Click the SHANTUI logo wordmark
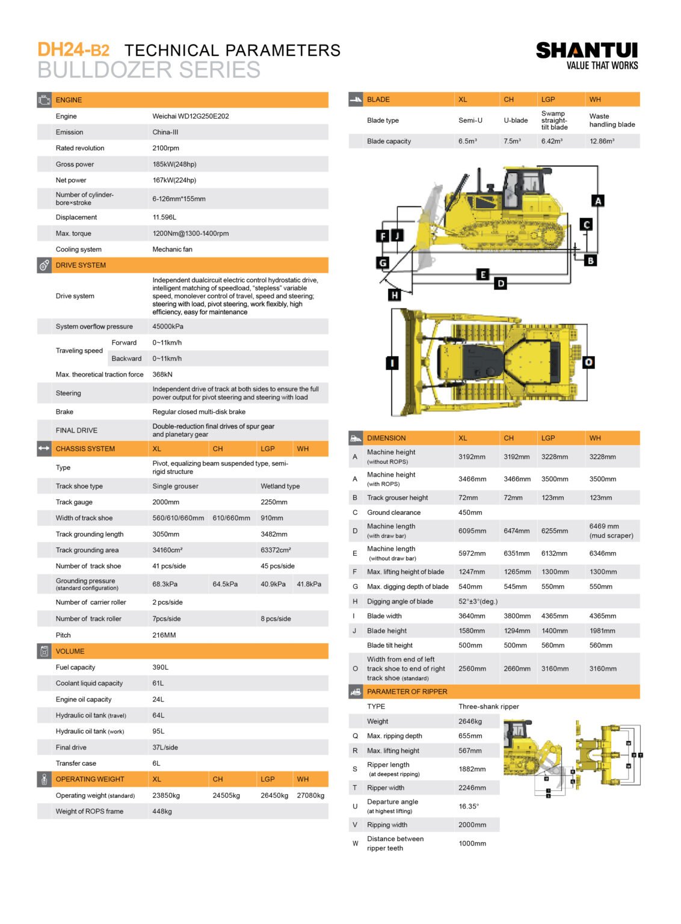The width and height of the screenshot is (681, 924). tap(587, 51)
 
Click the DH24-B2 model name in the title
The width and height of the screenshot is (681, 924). tap(73, 50)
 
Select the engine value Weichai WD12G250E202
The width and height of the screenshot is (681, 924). tap(191, 116)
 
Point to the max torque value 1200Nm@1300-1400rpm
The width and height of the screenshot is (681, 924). tap(191, 233)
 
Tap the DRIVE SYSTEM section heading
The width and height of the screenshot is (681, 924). tap(81, 265)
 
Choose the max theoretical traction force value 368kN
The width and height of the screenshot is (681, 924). tap(162, 375)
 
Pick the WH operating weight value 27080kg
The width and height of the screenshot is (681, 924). tap(310, 795)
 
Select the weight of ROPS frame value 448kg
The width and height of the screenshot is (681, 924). tap(162, 812)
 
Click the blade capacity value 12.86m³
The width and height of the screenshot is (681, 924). tap(602, 141)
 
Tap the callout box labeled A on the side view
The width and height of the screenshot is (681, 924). tap(598, 201)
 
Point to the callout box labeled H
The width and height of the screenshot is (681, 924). tap(395, 295)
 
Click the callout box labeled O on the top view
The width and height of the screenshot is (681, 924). tap(588, 362)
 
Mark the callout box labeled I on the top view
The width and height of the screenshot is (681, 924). tap(392, 363)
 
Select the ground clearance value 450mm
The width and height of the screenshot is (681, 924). tap(470, 513)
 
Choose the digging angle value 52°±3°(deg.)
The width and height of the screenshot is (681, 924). tap(478, 602)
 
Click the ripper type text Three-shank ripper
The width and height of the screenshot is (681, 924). tap(488, 707)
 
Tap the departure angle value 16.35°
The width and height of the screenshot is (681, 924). tap(469, 807)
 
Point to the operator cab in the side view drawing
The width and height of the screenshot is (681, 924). tap(522, 188)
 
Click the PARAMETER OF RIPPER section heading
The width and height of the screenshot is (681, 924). tap(407, 692)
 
